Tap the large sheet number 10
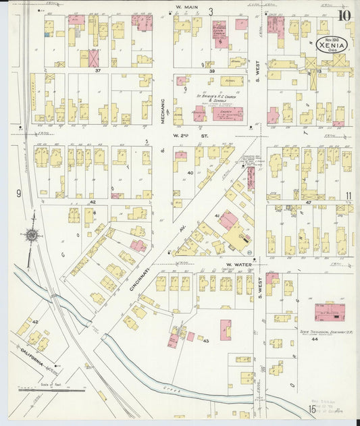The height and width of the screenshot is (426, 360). (344, 15)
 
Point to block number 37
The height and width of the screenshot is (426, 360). (98, 70)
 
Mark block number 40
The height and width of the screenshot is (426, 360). (190, 173)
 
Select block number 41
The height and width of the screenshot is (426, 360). (217, 215)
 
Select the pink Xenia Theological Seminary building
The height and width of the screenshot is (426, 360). (330, 312)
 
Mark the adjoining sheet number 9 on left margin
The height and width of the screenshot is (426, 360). (20, 194)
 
